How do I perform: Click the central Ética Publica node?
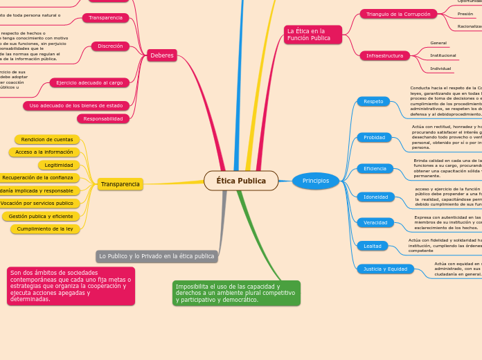point(241,181)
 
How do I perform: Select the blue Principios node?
point(316,181)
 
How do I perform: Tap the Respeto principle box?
point(373,101)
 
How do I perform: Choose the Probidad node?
point(374,137)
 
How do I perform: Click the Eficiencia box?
point(375,168)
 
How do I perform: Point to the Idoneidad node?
point(376,197)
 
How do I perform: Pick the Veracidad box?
point(375,222)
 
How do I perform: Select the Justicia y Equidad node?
point(386,269)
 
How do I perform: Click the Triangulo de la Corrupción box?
point(398,14)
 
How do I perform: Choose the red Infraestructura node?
point(384,55)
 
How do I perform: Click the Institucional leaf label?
point(443,55)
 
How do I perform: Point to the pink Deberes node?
point(163,55)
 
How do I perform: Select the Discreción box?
point(110,46)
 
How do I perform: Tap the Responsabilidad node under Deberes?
point(103,119)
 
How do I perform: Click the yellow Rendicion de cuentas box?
point(47,139)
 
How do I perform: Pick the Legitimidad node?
point(59,165)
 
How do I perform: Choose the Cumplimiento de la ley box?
point(45,228)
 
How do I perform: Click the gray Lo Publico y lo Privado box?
point(157,256)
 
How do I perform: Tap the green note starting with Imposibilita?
point(236,293)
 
